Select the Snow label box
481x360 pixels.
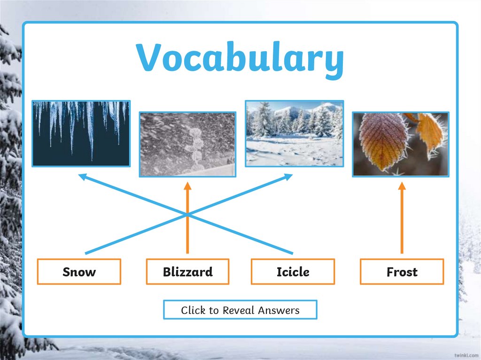79,272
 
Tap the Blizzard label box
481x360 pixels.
188,272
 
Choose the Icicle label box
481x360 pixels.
293,272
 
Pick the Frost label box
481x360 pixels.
402,272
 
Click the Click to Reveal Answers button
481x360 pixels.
240,310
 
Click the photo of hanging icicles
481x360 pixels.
81,133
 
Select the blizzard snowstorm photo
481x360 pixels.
188,145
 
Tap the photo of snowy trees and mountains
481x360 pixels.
295,133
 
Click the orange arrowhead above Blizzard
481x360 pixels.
188,186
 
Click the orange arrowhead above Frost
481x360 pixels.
402,186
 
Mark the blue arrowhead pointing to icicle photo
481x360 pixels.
83,177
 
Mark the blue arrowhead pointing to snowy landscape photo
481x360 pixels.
288,177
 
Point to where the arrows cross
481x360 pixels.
188,214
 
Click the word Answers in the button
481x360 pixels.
279,310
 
